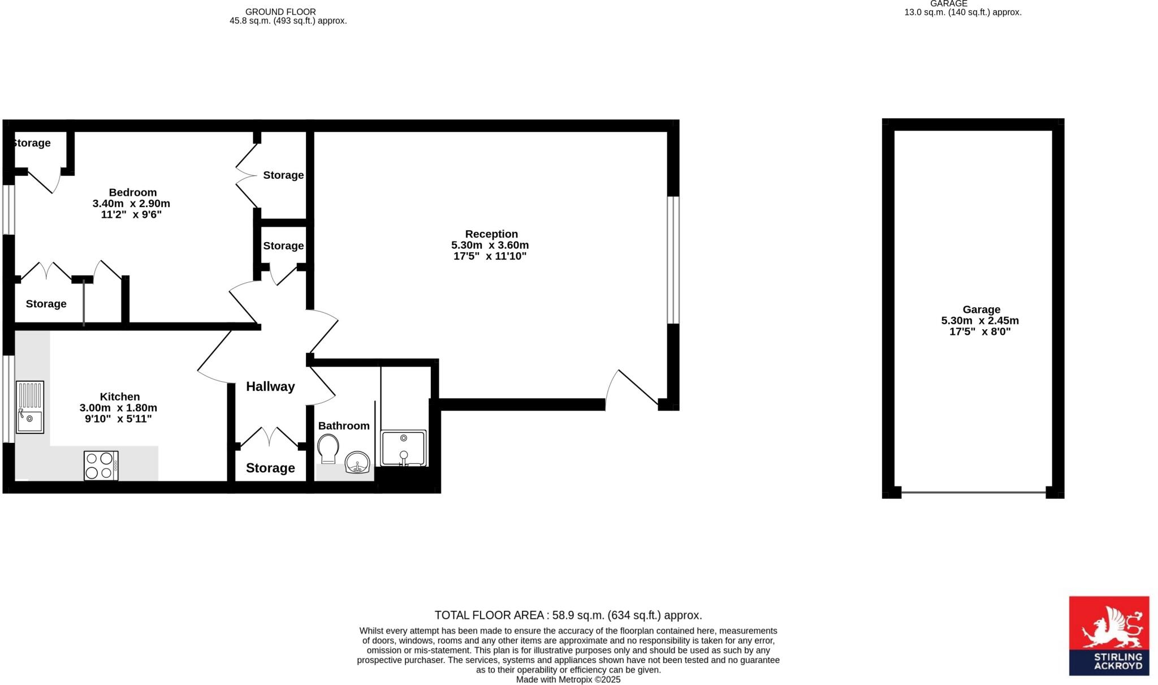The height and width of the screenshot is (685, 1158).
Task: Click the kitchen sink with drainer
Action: [x=30, y=407]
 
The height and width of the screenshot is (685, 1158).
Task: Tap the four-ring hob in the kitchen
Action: [x=101, y=466]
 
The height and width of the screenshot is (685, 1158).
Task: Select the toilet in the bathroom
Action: [x=328, y=448]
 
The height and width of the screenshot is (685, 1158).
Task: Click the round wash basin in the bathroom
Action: [x=357, y=462]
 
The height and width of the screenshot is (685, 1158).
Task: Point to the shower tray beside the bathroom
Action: [x=403, y=447]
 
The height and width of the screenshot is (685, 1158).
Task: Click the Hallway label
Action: [x=270, y=387]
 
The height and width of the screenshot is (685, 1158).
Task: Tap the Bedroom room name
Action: [x=133, y=192]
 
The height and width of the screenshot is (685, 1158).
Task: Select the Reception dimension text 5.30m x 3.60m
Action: [x=490, y=245]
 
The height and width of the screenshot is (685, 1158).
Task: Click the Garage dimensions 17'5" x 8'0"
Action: [x=979, y=331]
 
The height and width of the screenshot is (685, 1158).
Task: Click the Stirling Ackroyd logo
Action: [x=1108, y=636]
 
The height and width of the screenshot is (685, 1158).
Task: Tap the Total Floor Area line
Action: [x=568, y=615]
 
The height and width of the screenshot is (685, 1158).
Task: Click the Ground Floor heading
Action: [x=280, y=12]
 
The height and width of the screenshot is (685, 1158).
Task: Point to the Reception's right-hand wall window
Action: [x=673, y=260]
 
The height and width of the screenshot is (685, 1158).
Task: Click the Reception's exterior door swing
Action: [x=630, y=389]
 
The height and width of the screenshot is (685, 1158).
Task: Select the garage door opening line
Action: [x=973, y=493]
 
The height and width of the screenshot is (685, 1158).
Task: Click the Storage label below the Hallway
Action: [x=270, y=468]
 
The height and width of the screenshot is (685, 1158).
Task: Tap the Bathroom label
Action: [x=344, y=426]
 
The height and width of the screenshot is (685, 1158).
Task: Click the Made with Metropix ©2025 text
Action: [x=568, y=680]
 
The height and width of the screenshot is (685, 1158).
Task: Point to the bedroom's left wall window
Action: [x=8, y=209]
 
